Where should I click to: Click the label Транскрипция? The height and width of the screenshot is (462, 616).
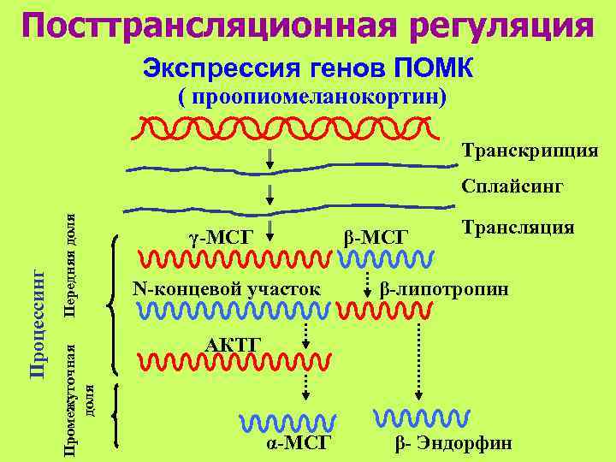(530, 151)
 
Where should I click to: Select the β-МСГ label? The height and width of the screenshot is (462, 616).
(376, 235)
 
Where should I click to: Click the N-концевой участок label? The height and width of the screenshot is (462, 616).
(227, 289)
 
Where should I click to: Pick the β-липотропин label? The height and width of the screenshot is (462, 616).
(444, 289)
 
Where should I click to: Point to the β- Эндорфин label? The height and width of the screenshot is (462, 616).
(453, 442)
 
